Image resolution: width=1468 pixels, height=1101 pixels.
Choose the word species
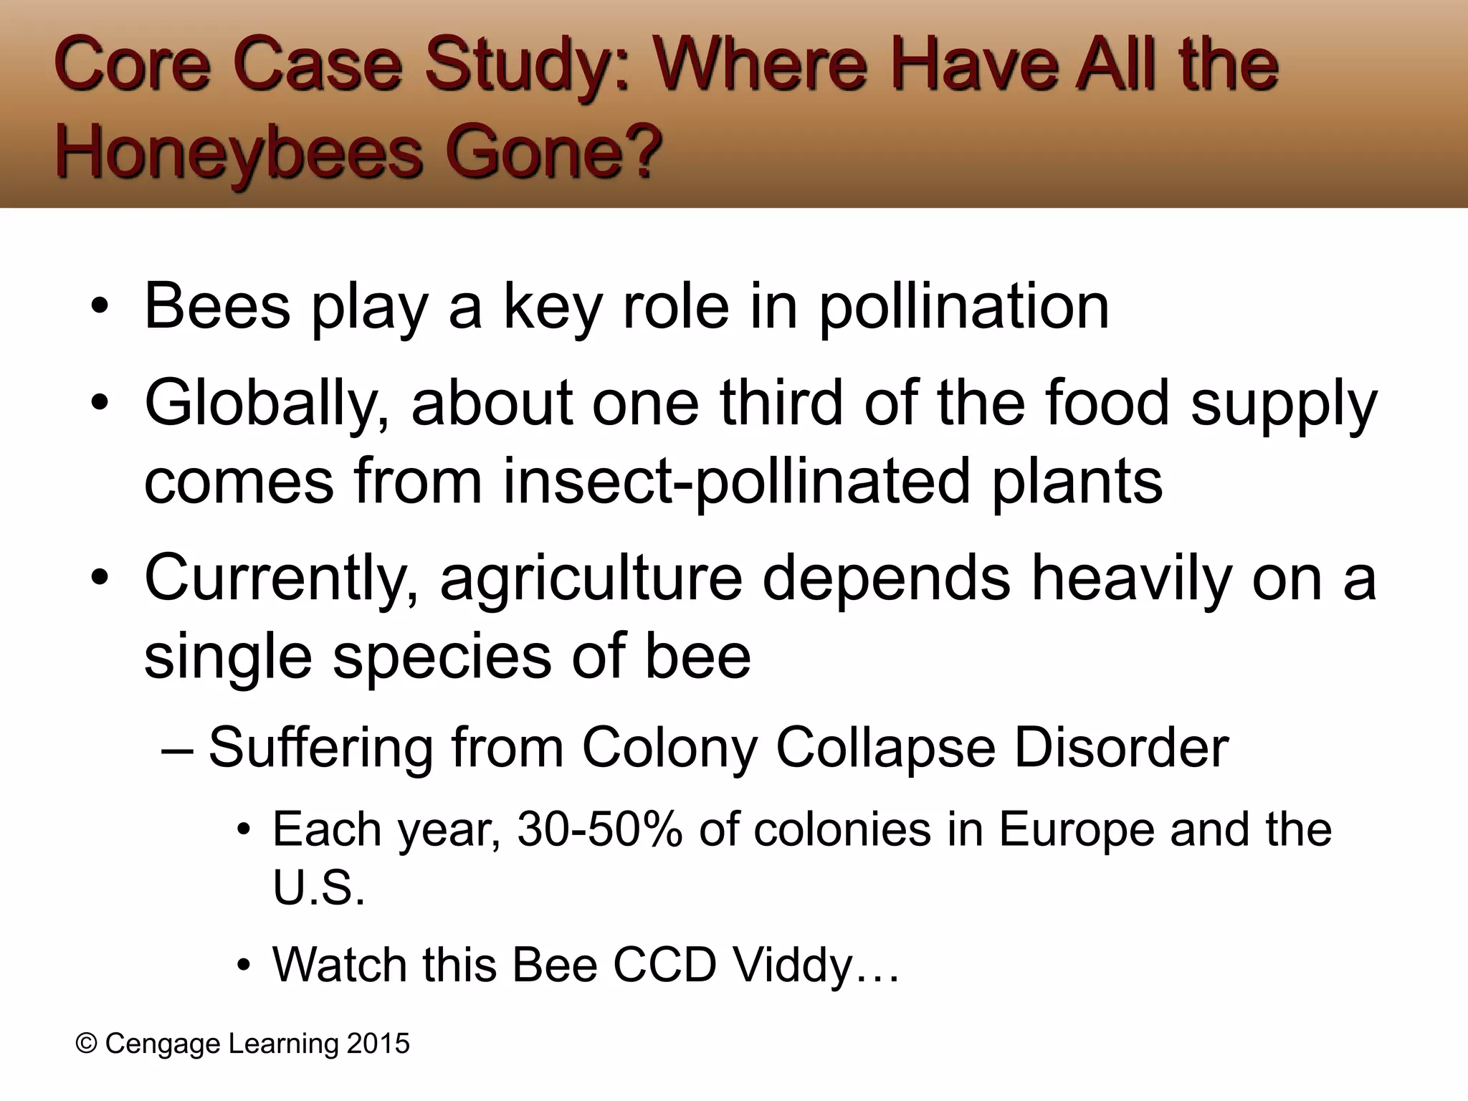click(442, 658)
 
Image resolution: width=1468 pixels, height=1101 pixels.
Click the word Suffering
click(320, 748)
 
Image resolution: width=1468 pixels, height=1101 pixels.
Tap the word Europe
click(1075, 830)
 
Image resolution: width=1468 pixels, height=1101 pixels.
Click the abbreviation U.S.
click(318, 889)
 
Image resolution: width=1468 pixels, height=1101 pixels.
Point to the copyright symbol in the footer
click(86, 1044)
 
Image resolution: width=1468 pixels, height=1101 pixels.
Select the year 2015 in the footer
click(378, 1044)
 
